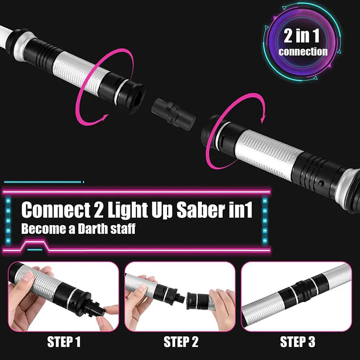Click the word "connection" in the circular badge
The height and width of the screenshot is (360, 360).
[302, 52]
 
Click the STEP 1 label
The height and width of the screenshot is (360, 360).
[64, 342]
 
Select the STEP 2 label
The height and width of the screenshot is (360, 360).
[180, 342]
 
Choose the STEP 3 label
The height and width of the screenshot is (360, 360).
[297, 342]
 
